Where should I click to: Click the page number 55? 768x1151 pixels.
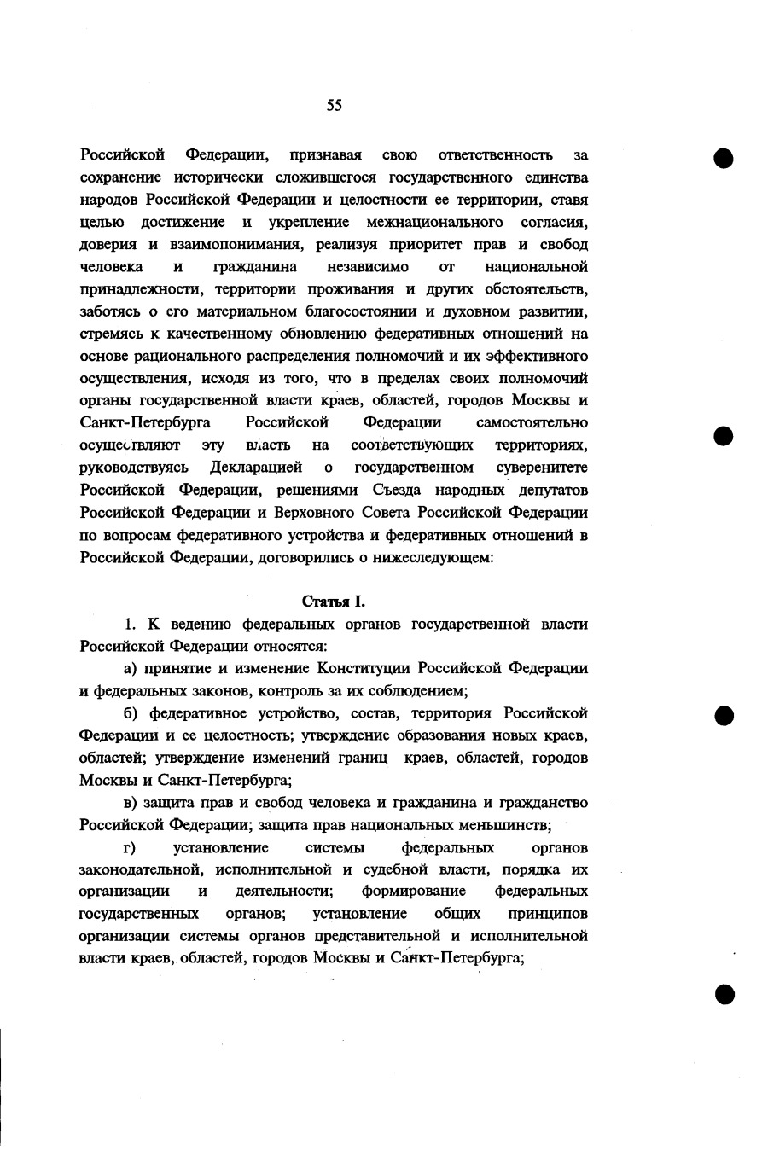tap(334, 105)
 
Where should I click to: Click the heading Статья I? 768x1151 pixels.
tap(334, 602)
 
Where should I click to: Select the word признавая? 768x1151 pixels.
tap(326, 155)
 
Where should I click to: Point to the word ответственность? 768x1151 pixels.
tap(494, 155)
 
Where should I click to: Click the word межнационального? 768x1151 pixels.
tap(433, 223)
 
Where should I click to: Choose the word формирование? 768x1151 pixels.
tap(413, 892)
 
